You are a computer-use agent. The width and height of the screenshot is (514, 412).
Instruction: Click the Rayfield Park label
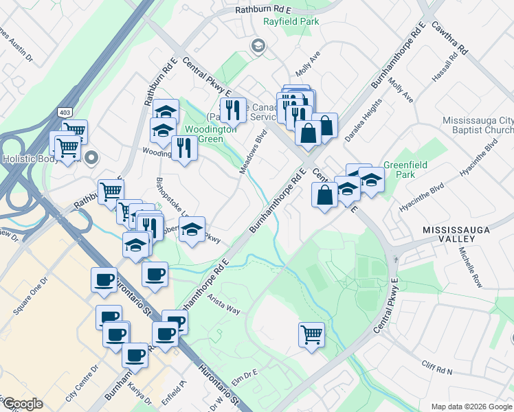(291, 22)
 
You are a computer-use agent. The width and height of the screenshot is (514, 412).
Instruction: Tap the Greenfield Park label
(405, 170)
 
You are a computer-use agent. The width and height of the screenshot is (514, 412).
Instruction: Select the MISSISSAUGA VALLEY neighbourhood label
(449, 233)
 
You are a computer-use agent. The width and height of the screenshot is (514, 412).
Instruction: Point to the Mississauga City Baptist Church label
(478, 124)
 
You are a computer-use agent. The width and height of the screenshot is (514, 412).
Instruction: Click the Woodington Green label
(216, 133)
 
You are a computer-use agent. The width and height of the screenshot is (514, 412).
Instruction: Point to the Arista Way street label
(223, 305)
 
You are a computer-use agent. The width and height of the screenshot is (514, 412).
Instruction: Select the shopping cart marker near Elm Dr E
(311, 335)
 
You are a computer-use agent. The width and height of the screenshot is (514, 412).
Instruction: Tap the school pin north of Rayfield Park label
(258, 46)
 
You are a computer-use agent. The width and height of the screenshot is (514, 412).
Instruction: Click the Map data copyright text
(471, 407)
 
